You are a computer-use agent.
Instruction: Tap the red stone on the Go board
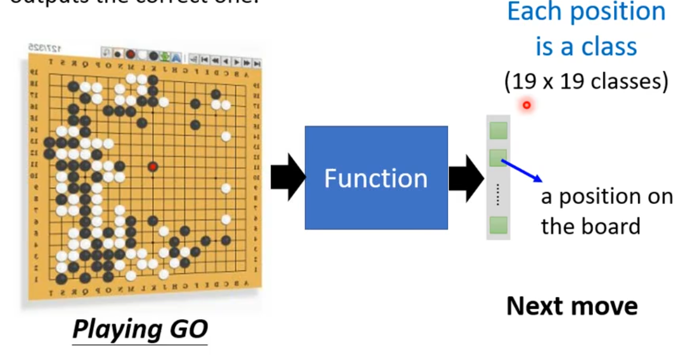[153, 167]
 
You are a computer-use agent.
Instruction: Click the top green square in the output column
[498, 130]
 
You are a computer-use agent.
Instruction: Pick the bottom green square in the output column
[498, 225]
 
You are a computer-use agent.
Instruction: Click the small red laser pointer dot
[526, 106]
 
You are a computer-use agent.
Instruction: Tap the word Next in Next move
[536, 306]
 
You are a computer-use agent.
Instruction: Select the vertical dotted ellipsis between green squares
[498, 195]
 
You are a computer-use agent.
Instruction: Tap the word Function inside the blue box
[376, 179]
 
